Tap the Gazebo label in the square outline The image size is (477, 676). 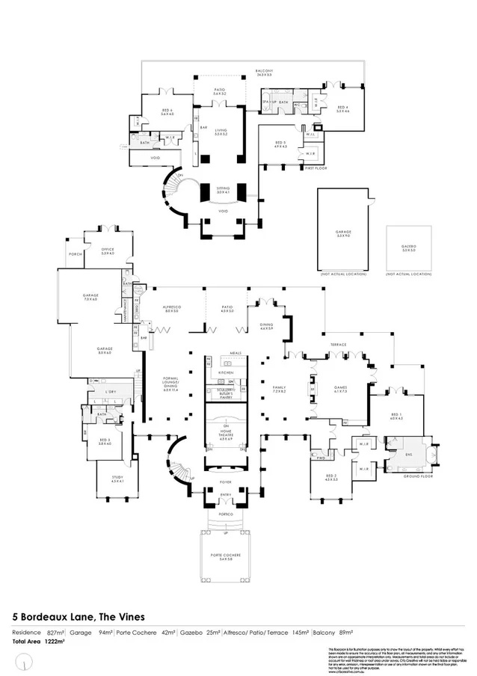tap(408, 248)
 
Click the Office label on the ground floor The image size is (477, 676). tap(107, 251)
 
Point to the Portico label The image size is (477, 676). tap(225, 515)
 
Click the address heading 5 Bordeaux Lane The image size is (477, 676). tap(79, 617)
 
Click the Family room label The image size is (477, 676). tap(280, 389)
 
